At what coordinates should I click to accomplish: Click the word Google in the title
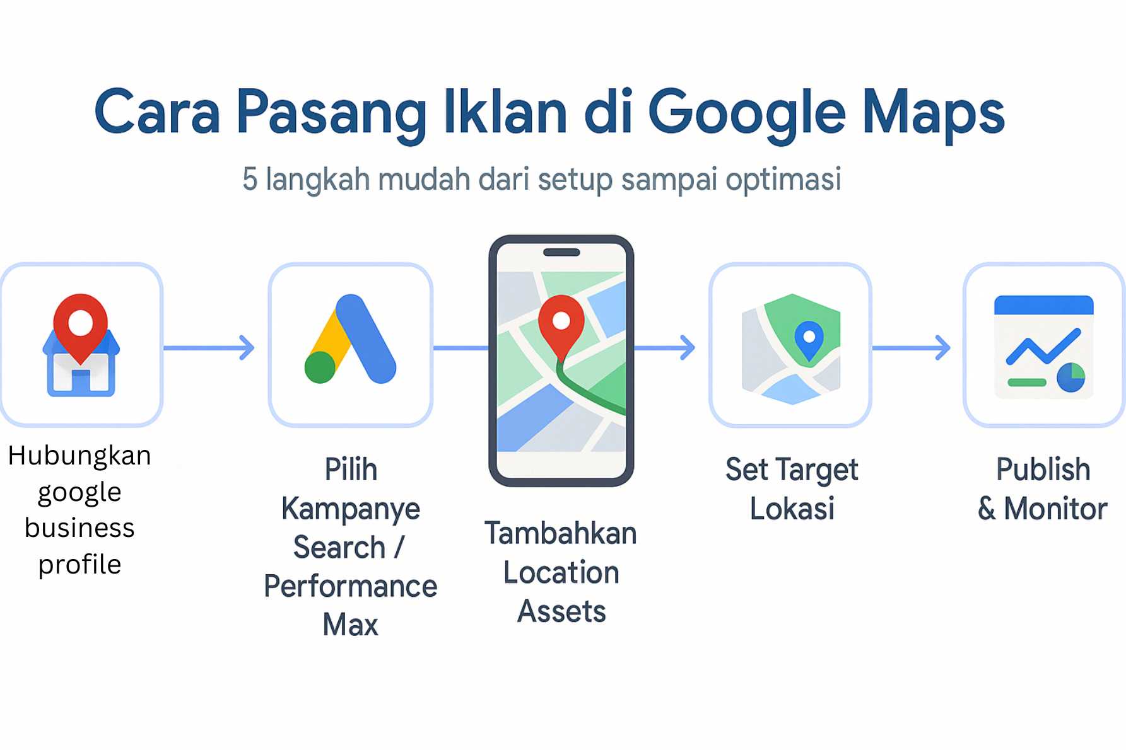point(746,113)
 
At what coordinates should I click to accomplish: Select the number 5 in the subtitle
point(250,179)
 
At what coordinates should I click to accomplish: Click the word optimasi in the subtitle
point(783,180)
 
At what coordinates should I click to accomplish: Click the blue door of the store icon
point(81,381)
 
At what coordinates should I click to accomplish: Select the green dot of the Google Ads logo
point(320,367)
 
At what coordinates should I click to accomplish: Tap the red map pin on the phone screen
point(561,323)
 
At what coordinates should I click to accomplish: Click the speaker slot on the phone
point(561,253)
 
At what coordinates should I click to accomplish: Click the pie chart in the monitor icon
point(1070,377)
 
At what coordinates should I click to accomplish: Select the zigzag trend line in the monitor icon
point(1042,347)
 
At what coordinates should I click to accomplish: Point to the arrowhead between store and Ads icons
point(247,348)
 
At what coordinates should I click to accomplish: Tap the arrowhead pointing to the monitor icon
point(943,348)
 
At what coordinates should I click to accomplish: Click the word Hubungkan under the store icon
point(79,456)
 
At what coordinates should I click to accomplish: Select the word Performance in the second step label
point(350,587)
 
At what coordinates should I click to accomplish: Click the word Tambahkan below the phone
point(560,534)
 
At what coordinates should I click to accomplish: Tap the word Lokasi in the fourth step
point(792,509)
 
